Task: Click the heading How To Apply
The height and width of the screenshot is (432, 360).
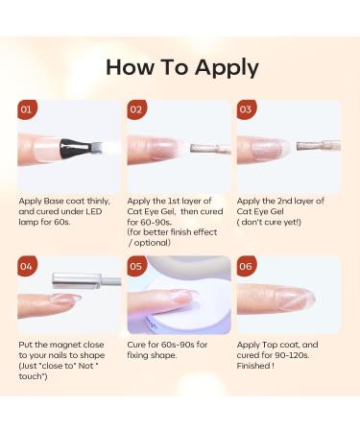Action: [181, 67]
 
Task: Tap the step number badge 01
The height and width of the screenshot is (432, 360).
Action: [28, 109]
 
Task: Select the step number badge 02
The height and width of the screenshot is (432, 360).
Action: [137, 109]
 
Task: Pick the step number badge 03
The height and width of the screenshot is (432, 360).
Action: [247, 109]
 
